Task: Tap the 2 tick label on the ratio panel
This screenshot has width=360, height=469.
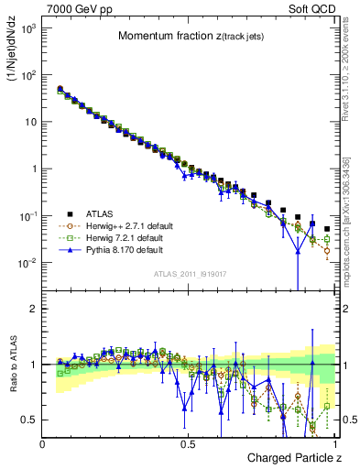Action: tap(32, 310)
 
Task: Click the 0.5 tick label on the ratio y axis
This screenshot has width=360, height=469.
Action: tap(27, 420)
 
